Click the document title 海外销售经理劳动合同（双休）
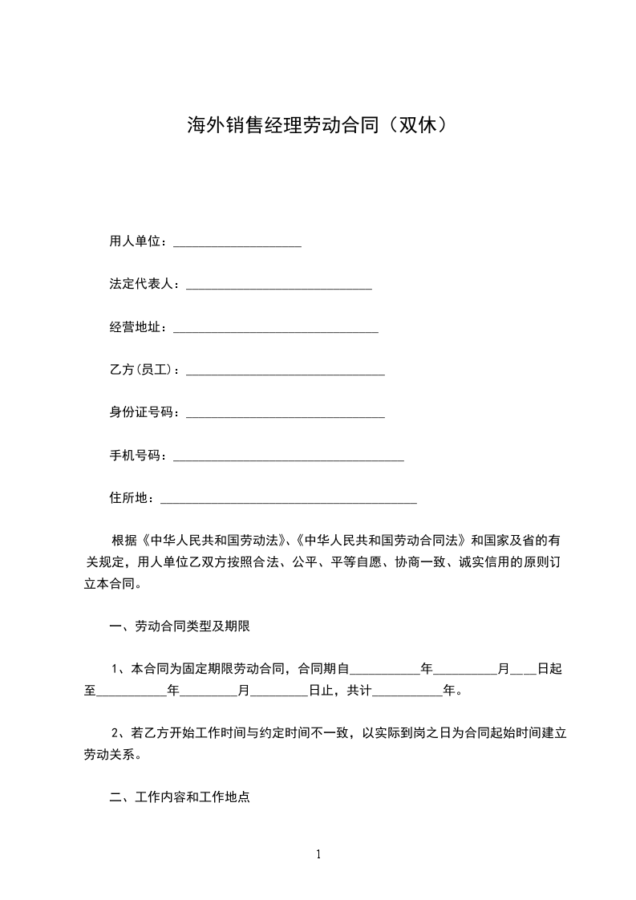(317, 125)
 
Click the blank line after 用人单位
(237, 242)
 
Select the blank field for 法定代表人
(278, 285)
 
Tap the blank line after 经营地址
(275, 328)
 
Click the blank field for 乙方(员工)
(285, 371)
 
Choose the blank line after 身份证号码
(285, 414)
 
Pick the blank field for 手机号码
(288, 456)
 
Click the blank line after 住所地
(289, 500)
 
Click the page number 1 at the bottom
(318, 854)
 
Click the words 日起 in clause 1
(549, 668)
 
